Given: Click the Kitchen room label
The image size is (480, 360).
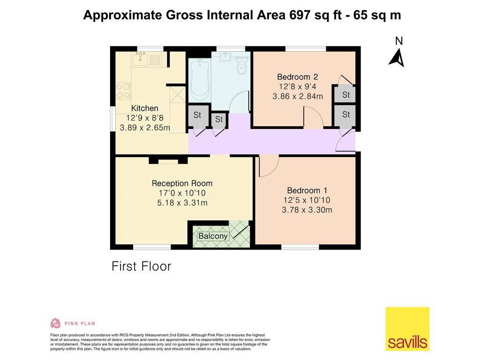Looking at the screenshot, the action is click(144, 108).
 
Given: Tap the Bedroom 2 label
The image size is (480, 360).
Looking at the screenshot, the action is click(297, 77).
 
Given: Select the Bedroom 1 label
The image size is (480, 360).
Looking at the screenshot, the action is click(307, 190).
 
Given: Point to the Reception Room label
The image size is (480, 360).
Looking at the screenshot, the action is click(182, 183).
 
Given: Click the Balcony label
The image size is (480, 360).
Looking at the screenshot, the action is click(213, 236).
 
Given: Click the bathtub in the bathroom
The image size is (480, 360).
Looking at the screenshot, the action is click(199, 80).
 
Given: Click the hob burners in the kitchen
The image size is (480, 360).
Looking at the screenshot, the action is click(123, 91).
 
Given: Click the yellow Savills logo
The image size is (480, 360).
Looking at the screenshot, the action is click(407, 329).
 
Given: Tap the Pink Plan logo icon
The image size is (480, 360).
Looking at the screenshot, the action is click(55, 323).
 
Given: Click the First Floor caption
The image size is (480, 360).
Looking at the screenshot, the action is click(141, 266).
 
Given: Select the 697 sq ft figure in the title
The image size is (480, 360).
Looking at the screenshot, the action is click(315, 15).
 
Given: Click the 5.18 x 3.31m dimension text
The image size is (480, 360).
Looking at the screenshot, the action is click(182, 202).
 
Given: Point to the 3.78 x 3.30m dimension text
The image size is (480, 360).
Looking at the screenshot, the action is click(307, 210).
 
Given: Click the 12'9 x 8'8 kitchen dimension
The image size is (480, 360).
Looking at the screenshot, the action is click(144, 118).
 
